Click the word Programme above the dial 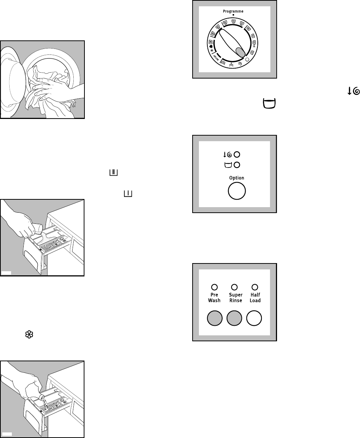233,11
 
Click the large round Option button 236,192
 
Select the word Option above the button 236,178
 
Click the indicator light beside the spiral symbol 237,155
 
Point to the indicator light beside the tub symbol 237,165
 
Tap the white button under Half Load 254,318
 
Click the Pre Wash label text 214,298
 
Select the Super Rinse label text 236,298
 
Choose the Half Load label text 255,298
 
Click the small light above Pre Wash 214,286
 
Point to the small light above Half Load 255,286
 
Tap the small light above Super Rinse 234,286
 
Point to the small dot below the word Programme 233,15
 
